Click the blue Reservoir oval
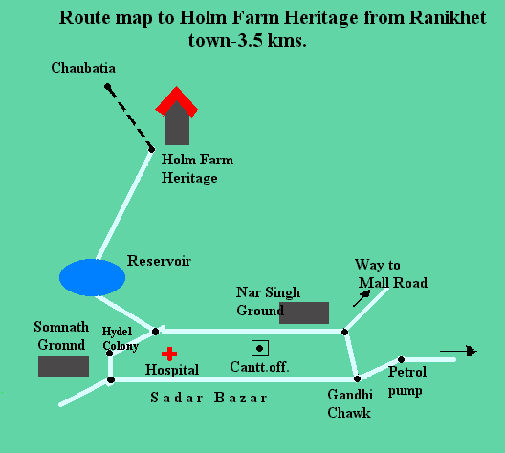[x=92, y=277]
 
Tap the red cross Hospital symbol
[x=169, y=354]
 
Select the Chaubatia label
[x=83, y=68]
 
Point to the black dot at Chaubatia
[x=107, y=86]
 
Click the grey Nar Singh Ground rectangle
[x=304, y=313]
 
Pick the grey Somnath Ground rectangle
[x=63, y=367]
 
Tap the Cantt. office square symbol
[x=260, y=348]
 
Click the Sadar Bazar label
[x=209, y=398]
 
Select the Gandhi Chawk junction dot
[x=357, y=379]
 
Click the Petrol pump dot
[x=402, y=359]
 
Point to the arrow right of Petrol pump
[x=459, y=351]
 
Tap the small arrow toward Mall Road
[x=362, y=298]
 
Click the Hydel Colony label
[x=120, y=338]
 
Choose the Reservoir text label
[x=159, y=261]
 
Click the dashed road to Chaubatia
[x=129, y=118]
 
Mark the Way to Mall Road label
[x=391, y=273]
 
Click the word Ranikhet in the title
[x=448, y=17]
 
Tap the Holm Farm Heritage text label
[x=197, y=169]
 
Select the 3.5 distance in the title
[x=250, y=41]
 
